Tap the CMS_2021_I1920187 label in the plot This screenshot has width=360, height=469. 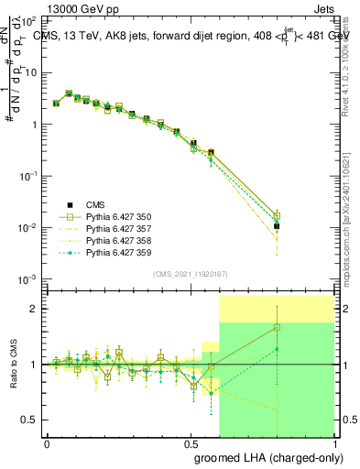click(191, 275)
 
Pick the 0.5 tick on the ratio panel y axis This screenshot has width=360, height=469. click(29, 420)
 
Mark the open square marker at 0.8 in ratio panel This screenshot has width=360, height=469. click(277, 327)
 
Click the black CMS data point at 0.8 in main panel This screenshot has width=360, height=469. click(277, 225)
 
